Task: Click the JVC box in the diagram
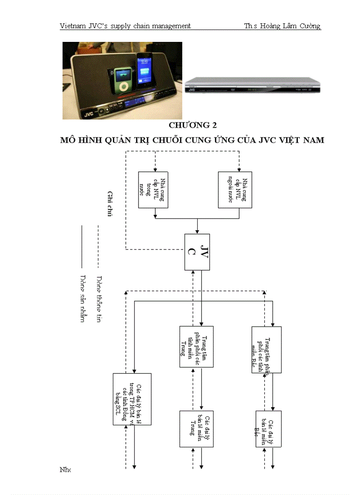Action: pyautogui.click(x=197, y=252)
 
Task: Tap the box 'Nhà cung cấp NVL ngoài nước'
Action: pyautogui.click(x=235, y=190)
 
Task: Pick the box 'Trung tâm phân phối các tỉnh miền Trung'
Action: pyautogui.click(x=196, y=346)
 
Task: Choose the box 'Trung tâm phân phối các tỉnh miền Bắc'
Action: pyautogui.click(x=266, y=350)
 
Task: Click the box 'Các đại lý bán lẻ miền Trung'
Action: pyautogui.click(x=196, y=429)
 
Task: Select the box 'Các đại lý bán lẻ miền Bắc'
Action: pyautogui.click(x=268, y=429)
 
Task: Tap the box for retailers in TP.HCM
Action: pyautogui.click(x=132, y=399)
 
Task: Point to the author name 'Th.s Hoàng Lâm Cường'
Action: pyautogui.click(x=282, y=26)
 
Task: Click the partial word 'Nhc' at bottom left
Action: pyautogui.click(x=65, y=469)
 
